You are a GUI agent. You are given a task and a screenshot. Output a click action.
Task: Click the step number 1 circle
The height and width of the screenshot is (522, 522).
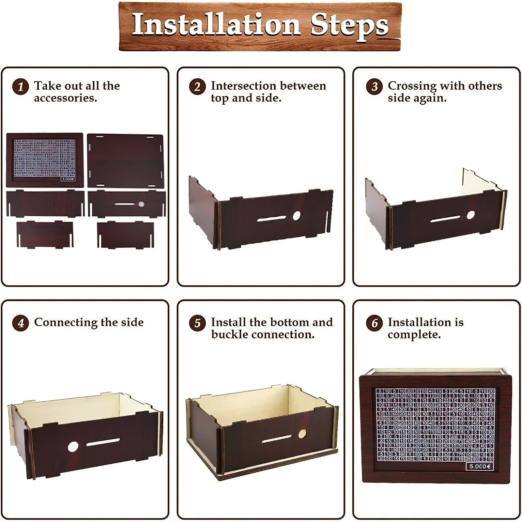(x=20, y=87)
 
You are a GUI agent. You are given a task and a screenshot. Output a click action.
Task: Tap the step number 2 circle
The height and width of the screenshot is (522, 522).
(x=197, y=87)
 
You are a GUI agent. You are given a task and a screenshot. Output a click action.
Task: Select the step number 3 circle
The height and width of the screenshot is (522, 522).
(x=374, y=87)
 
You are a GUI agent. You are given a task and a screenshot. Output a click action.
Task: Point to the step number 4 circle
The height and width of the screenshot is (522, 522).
(x=20, y=323)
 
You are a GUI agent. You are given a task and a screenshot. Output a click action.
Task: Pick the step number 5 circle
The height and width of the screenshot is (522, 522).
(x=197, y=323)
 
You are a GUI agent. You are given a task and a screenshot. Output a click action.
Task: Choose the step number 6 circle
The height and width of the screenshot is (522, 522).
(x=374, y=323)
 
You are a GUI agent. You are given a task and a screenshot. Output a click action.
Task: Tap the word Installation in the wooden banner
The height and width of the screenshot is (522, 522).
(x=215, y=25)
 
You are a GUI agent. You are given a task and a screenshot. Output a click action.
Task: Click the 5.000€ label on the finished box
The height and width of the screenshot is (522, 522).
(x=479, y=466)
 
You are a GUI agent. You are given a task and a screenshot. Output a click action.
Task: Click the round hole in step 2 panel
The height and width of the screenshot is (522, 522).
(x=296, y=216)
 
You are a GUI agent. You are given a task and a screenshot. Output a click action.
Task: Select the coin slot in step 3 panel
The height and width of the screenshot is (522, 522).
(x=445, y=219)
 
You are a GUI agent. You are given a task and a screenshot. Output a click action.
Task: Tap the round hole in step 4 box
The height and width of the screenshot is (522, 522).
(x=73, y=447)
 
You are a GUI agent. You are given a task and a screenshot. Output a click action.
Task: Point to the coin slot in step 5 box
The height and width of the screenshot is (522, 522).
(x=277, y=439)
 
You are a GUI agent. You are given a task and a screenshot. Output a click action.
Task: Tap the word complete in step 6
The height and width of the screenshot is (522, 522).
(x=414, y=334)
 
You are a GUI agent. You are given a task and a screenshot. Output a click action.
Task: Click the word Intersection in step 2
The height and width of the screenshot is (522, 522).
(x=242, y=86)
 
